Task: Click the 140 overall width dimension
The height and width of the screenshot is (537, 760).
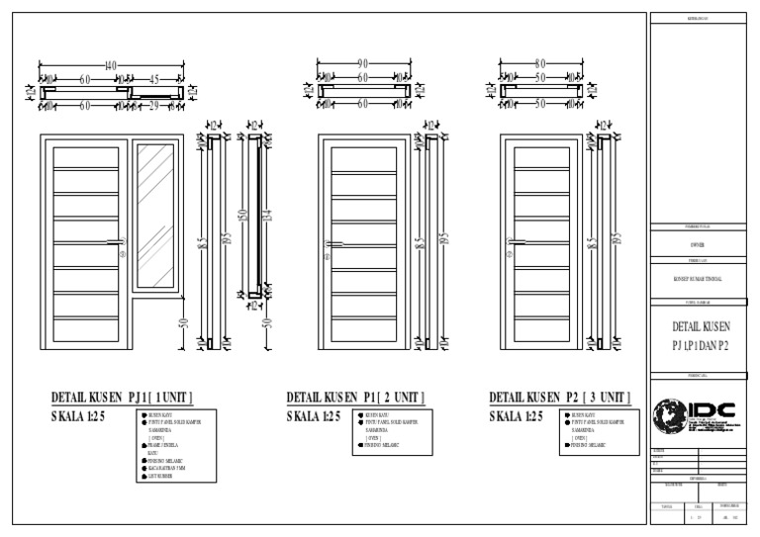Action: click(110, 66)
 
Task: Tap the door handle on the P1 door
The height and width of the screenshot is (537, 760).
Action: click(334, 243)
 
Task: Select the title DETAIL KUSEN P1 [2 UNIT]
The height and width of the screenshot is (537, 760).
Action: click(355, 397)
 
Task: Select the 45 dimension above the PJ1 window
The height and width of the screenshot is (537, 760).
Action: click(154, 78)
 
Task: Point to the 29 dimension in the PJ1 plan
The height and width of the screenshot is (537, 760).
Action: click(154, 103)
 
